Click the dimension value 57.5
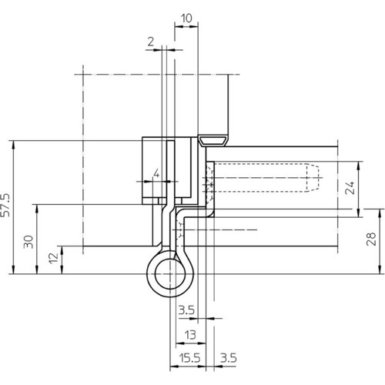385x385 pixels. click(5, 205)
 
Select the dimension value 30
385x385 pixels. click(28, 242)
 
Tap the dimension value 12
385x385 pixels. click(53, 258)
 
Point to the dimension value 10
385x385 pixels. click(186, 18)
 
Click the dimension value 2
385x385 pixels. click(151, 42)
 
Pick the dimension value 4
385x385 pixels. click(156, 174)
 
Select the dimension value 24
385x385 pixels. click(350, 188)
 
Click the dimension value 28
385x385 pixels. click(371, 239)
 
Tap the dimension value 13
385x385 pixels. click(190, 335)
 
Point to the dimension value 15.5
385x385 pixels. click(189, 358)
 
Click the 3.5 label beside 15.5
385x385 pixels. click(229, 358)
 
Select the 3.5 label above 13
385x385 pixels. click(186, 310)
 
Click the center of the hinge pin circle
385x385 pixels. click(170, 274)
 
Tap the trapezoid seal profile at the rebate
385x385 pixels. click(213, 141)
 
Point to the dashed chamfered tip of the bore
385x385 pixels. click(313, 178)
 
